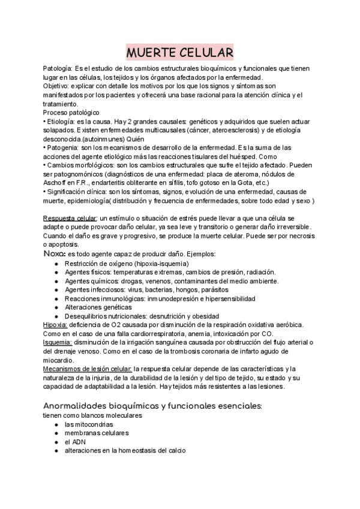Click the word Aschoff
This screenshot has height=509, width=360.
56,182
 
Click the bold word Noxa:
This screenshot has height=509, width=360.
55,254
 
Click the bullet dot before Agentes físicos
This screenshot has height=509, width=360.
56,273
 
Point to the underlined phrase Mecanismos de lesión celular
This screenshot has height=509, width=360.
87,368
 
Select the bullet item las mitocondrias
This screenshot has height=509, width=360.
89,424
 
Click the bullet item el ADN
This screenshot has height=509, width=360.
75,442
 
